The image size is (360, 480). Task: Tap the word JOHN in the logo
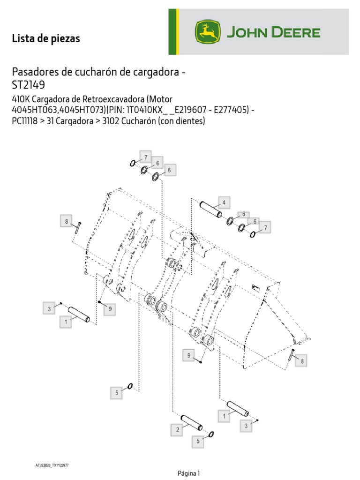(x=247, y=33)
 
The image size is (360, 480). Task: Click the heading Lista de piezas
(x=46, y=39)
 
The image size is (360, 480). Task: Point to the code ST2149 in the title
(x=29, y=85)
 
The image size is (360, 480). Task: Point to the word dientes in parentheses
(x=190, y=120)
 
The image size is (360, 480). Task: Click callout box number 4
(x=224, y=203)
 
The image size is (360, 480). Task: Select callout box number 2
(x=178, y=429)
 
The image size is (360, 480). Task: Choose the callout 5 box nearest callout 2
(x=198, y=441)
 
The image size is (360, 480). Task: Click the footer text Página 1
(x=189, y=473)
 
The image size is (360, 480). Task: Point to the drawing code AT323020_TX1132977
(x=52, y=465)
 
